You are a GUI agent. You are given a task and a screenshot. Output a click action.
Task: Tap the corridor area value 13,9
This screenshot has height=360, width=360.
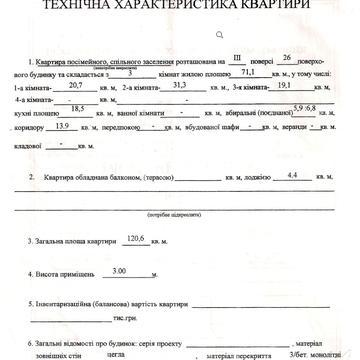click(60, 125)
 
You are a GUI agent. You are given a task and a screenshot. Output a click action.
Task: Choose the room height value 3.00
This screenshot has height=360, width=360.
click(121, 270)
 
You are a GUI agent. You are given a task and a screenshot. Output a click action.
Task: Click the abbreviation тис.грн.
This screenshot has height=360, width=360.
click(126, 318)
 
